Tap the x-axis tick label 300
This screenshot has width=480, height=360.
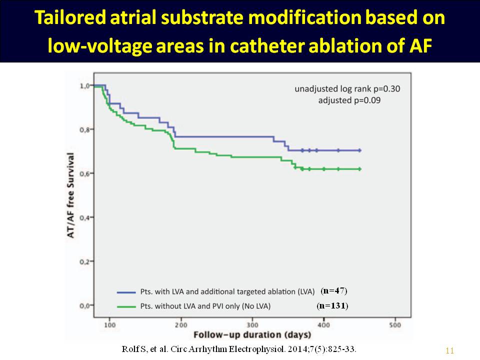(252, 325)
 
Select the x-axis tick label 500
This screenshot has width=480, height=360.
(395, 325)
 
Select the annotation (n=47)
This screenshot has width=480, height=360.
(334, 290)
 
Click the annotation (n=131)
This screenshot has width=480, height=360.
(332, 305)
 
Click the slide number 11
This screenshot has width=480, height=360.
(449, 350)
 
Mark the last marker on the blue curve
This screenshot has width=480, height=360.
(359, 150)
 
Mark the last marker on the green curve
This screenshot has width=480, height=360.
(359, 169)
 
